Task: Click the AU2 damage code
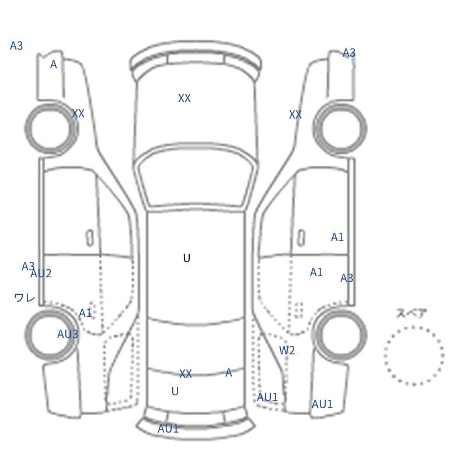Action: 41,273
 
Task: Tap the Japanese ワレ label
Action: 25,298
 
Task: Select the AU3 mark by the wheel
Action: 68,334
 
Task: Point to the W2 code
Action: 287,350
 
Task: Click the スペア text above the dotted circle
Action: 412,313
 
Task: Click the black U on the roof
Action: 186,258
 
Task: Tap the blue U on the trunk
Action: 175,391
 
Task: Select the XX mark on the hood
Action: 184,98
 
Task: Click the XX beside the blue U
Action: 185,374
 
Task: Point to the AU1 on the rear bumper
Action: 168,428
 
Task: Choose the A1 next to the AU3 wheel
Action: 85,313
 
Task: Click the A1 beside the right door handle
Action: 337,238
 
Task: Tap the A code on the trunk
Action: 228,372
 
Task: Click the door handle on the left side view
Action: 90,238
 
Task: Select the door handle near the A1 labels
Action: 302,238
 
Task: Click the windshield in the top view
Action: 196,178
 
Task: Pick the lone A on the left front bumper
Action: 53,64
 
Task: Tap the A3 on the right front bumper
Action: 348,53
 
